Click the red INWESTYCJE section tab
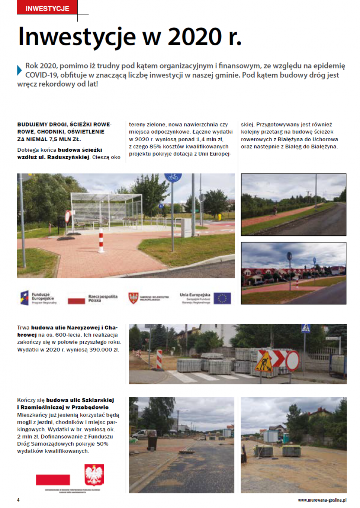point(47,8)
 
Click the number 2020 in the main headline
point(195,37)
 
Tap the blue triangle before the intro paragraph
point(19,70)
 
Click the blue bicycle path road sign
point(173,177)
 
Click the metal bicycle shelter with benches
point(106,210)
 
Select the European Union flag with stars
point(222,298)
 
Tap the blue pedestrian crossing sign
point(306,329)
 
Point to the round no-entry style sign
point(292,361)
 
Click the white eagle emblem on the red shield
point(94,475)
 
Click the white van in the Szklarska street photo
point(144,434)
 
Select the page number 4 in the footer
point(18,500)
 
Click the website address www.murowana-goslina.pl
point(322,500)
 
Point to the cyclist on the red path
point(275,211)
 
